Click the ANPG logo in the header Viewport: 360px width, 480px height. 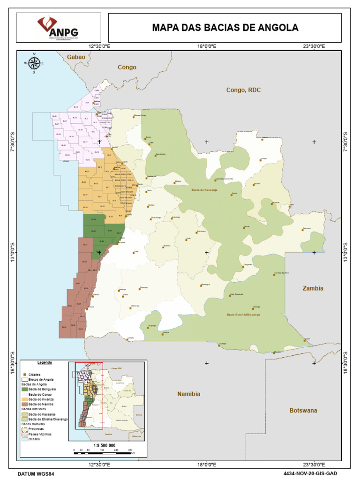(58, 28)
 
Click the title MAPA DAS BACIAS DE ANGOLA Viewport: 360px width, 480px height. (225, 28)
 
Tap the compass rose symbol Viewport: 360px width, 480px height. (34, 64)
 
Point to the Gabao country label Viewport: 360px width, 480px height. (76, 57)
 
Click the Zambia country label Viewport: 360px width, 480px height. (313, 288)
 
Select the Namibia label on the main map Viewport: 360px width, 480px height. (188, 394)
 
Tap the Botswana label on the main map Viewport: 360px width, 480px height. (303, 410)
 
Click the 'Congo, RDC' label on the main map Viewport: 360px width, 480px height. (243, 90)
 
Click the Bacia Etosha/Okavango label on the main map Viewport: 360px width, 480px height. (243, 315)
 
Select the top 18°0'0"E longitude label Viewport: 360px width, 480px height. (206, 45)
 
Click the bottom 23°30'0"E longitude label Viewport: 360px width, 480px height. (314, 464)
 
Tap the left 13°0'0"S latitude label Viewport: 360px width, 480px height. (14, 253)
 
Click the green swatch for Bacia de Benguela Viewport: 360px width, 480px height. (24, 389)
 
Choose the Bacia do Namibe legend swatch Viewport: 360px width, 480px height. (24, 404)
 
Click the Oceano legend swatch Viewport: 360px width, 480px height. (24, 439)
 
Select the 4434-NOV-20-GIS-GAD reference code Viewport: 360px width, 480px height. (310, 474)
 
